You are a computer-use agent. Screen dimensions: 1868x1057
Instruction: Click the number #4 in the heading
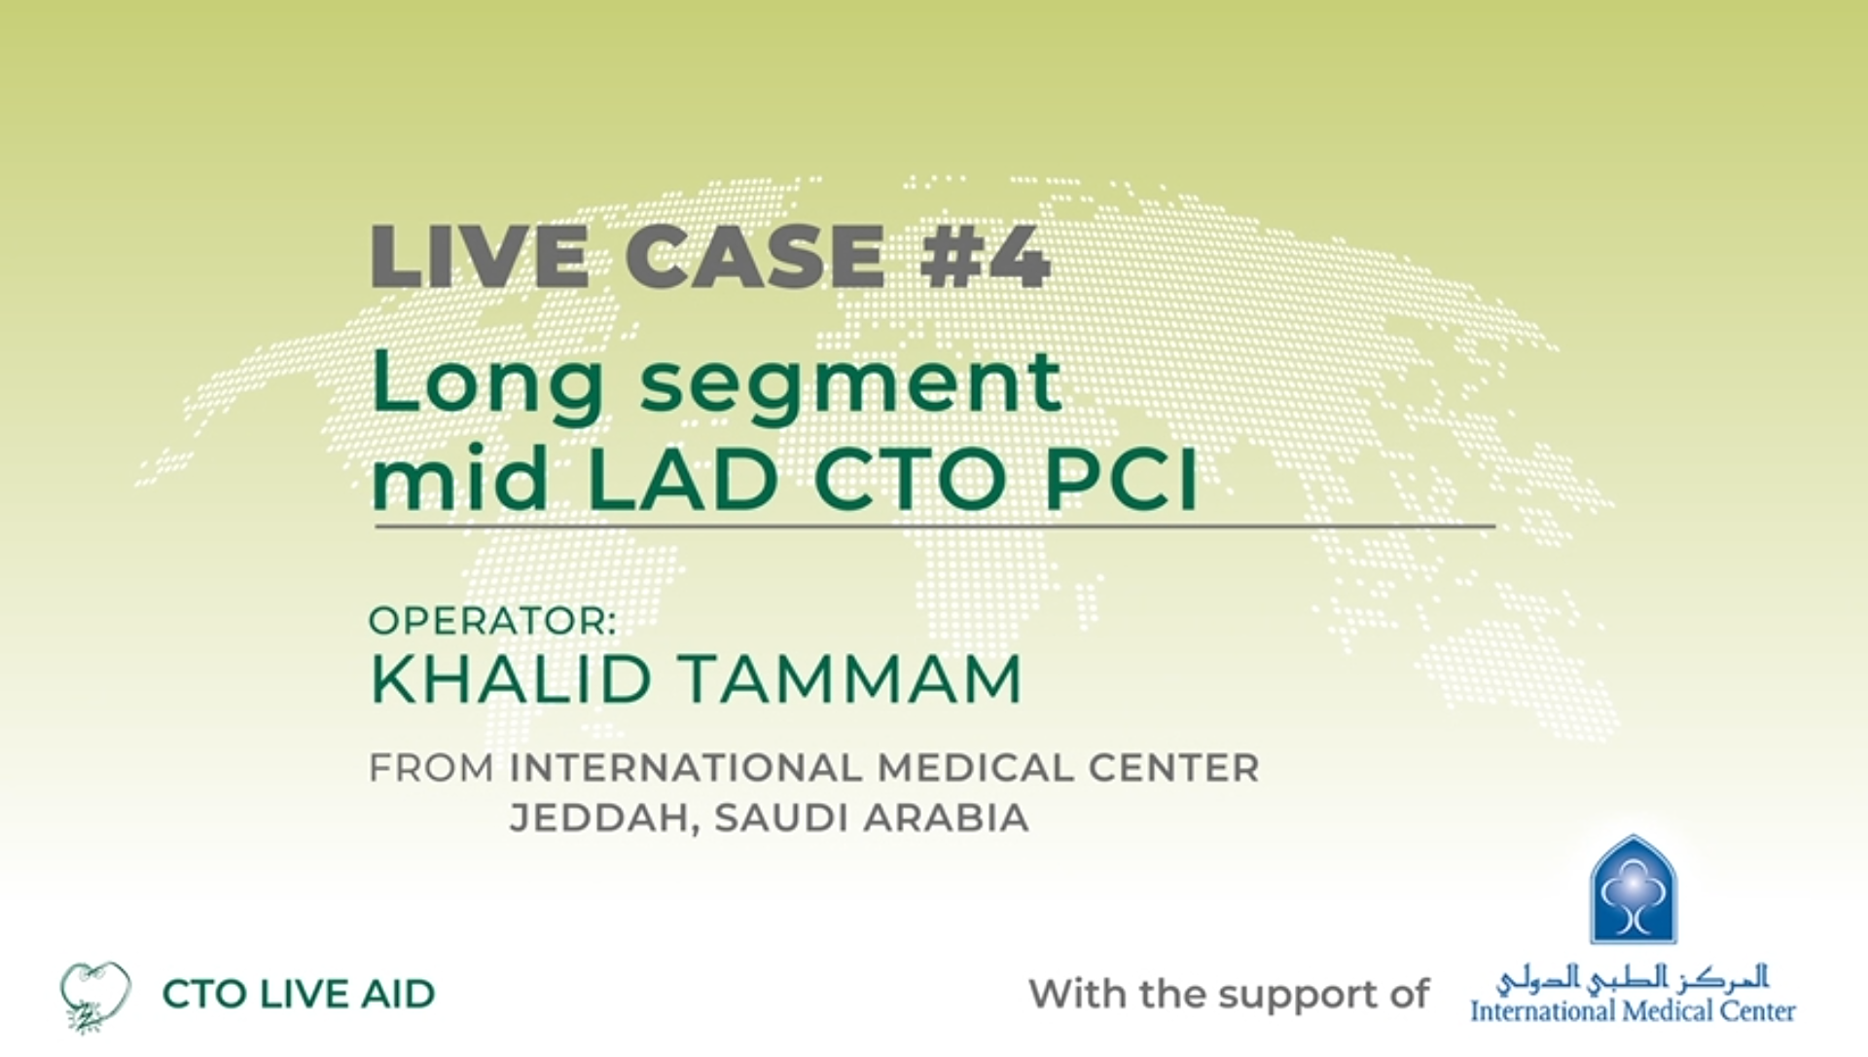click(x=985, y=257)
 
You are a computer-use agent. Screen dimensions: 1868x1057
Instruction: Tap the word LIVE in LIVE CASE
click(x=480, y=257)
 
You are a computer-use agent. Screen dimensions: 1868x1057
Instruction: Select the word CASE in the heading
click(x=755, y=257)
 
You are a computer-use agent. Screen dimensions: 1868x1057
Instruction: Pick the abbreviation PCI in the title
click(x=1121, y=478)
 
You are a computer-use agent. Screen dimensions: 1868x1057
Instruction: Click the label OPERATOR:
click(x=492, y=621)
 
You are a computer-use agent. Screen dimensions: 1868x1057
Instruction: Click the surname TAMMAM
click(x=851, y=679)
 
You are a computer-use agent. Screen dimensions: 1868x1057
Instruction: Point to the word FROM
click(x=431, y=769)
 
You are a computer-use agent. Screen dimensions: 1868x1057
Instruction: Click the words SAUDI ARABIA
click(x=872, y=819)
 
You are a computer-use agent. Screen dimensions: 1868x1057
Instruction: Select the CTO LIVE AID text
click(x=299, y=995)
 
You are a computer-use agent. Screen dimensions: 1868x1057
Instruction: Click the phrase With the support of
click(x=1229, y=995)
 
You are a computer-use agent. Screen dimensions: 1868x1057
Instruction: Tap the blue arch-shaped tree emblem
click(x=1634, y=890)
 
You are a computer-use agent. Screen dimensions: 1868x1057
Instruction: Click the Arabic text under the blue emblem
click(x=1633, y=978)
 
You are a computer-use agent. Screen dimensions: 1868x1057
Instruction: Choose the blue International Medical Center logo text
click(x=1633, y=1011)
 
